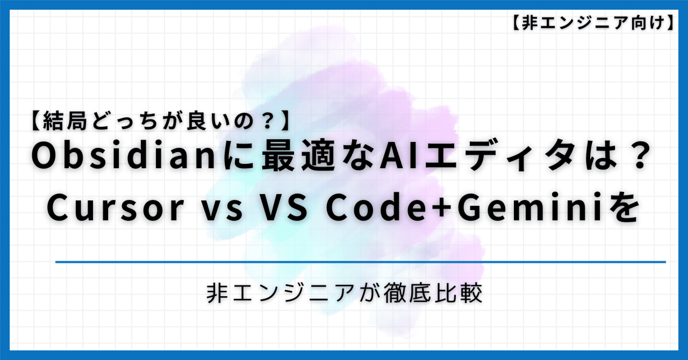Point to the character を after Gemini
click(625, 208)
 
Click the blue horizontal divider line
click(360, 262)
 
